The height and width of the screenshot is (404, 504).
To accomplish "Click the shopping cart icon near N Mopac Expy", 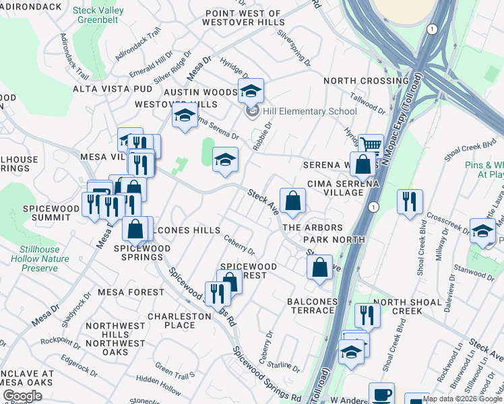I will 371,144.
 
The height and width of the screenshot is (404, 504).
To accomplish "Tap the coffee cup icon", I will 382,393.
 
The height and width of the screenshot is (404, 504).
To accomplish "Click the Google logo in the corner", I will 22,396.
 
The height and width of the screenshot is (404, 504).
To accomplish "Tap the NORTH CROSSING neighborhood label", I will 366,81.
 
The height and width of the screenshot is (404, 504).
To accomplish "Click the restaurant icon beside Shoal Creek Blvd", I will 410,200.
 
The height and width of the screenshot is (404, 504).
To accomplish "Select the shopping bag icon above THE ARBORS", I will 292,200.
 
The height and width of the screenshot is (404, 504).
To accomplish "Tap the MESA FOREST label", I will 131,292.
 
